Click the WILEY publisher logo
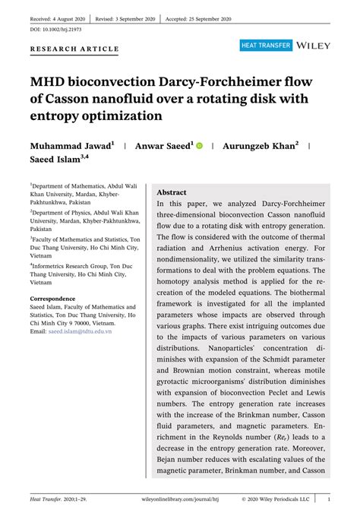314,46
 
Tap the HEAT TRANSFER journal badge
266,46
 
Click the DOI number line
56,29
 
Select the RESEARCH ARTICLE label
74,49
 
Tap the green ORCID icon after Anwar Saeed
200,144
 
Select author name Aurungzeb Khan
258,144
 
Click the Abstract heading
171,193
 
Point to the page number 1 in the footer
328,500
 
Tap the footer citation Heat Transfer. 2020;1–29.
60,500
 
